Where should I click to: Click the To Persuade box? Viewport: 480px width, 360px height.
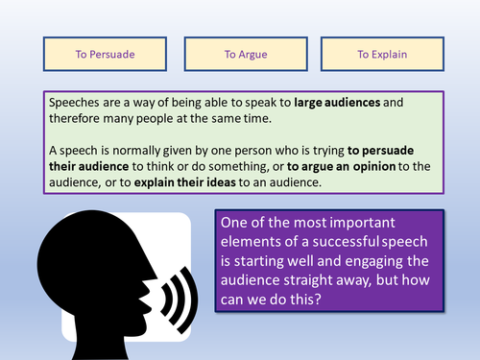(105, 54)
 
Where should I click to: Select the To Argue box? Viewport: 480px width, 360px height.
(246, 54)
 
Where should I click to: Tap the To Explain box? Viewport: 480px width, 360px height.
(382, 54)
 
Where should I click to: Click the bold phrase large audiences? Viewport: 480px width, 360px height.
(337, 103)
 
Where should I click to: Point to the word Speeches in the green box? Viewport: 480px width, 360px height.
(74, 103)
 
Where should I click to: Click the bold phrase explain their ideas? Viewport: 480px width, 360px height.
(185, 182)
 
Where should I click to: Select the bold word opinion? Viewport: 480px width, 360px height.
(374, 166)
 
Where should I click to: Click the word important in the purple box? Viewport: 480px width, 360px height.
(363, 223)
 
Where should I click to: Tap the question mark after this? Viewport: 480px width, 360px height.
(317, 300)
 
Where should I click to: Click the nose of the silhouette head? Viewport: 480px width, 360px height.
(153, 276)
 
